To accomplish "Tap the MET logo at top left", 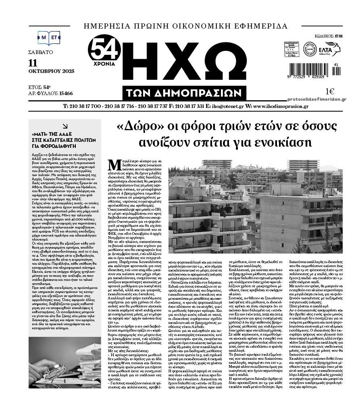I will (x=49, y=37).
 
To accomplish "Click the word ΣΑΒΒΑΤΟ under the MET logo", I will (x=40, y=52).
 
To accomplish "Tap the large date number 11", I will (x=33, y=63).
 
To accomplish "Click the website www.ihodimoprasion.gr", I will (x=280, y=106).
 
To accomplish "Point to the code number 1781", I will (x=338, y=36).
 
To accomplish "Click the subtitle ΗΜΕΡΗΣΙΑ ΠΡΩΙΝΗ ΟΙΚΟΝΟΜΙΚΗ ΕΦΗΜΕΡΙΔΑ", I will (x=185, y=27).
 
